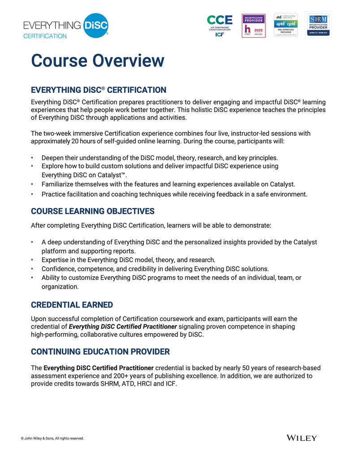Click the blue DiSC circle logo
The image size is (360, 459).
(x=95, y=25)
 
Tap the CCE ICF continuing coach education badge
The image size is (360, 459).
(x=219, y=25)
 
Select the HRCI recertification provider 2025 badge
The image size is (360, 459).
(x=253, y=25)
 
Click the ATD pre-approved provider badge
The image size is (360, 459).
(x=286, y=25)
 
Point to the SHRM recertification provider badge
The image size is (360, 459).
(x=318, y=25)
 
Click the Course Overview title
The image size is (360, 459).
(x=97, y=61)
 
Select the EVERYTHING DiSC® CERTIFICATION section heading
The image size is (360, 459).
(x=98, y=90)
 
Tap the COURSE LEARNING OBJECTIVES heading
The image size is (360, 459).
(x=92, y=211)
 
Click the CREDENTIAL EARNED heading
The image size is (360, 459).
(x=72, y=305)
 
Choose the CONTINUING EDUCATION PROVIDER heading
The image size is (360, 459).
(x=100, y=351)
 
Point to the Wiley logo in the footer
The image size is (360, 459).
(x=301, y=437)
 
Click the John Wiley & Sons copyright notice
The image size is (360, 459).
(x=52, y=438)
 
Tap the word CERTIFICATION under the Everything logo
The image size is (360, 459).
(x=45, y=36)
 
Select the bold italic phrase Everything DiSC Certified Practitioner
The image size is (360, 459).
(x=123, y=327)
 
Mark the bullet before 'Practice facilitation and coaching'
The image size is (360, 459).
(x=32, y=195)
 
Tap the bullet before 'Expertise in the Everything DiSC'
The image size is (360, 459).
(x=32, y=260)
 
